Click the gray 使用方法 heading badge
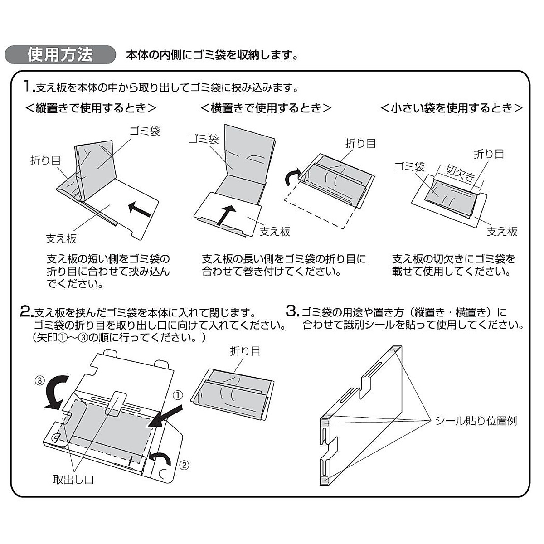pyautogui.click(x=60, y=55)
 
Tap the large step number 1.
pyautogui.click(x=28, y=86)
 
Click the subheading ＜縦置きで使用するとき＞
pyautogui.click(x=91, y=108)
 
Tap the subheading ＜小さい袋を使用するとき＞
pyautogui.click(x=452, y=108)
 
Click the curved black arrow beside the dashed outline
pyautogui.click(x=291, y=177)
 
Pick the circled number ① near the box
pyautogui.click(x=179, y=395)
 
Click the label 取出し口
pyautogui.click(x=73, y=480)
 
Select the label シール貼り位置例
pyautogui.click(x=476, y=421)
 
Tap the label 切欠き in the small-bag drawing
pyautogui.click(x=460, y=173)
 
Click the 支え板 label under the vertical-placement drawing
pyautogui.click(x=61, y=238)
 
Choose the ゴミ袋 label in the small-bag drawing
pyautogui.click(x=409, y=167)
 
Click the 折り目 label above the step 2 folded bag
pyautogui.click(x=245, y=351)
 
